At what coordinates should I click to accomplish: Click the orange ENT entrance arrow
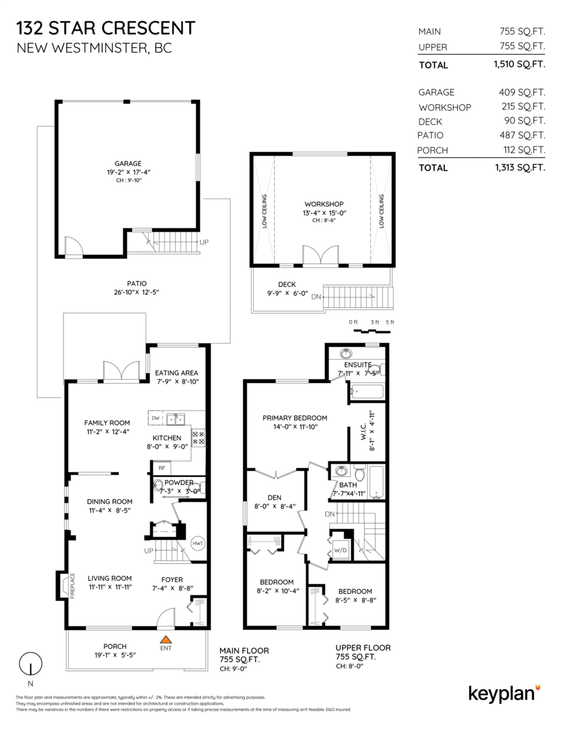coord(165,639)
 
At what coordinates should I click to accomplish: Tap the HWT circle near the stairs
coord(198,543)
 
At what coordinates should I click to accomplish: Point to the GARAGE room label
coord(128,163)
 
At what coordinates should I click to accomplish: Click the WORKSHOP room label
coord(324,204)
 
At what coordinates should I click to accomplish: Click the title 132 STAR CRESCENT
coord(106,28)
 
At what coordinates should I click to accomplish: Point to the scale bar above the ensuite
coord(371,331)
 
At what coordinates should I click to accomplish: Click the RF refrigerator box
coord(162,468)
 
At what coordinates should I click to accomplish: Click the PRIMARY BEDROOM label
coord(295,418)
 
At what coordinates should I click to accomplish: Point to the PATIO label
coord(137,283)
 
